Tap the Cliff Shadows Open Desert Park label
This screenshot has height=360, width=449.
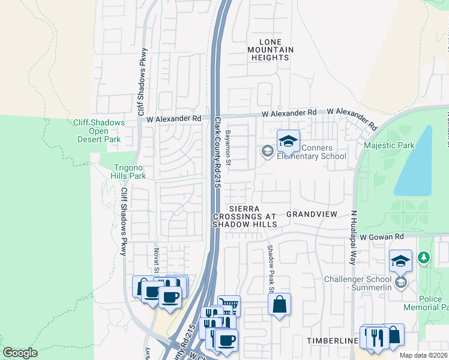[x=99, y=131]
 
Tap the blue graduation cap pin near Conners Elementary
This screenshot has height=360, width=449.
[x=288, y=142]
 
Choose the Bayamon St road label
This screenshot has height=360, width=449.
[x=228, y=147]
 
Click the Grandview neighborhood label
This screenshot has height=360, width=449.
[x=312, y=214]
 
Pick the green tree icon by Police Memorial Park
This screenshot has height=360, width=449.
[x=424, y=257]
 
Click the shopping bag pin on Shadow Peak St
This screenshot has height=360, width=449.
[x=280, y=304]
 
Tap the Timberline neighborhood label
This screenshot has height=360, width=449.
[x=332, y=340]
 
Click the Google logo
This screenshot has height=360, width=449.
[x=20, y=353]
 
